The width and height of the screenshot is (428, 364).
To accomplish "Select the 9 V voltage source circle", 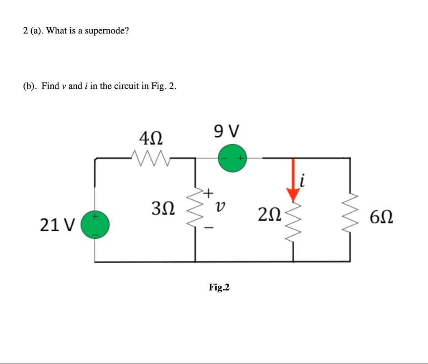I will click(x=232, y=158).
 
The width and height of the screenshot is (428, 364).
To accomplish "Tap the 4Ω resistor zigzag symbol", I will click(x=150, y=158).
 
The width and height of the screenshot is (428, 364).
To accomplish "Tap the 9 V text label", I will click(x=226, y=131).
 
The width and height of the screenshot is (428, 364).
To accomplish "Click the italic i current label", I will click(x=302, y=181).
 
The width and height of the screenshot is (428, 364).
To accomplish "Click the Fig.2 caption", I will click(x=219, y=288).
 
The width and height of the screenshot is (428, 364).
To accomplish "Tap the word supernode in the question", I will click(x=106, y=31).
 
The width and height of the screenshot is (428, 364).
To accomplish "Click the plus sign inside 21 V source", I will click(x=95, y=216).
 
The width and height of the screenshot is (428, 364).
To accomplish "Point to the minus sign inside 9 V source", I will click(x=224, y=158).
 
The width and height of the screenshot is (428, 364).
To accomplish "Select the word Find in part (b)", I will click(x=50, y=87).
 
